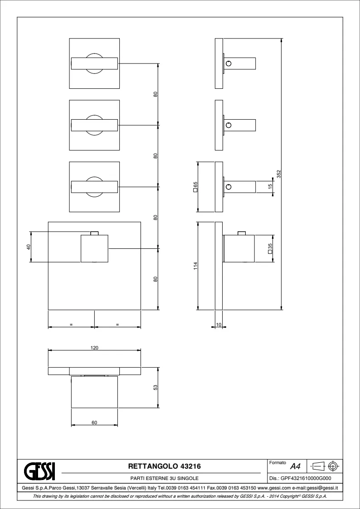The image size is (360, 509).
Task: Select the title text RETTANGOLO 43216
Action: pyautogui.click(x=165, y=466)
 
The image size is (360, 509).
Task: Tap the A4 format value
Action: pyautogui.click(x=295, y=467)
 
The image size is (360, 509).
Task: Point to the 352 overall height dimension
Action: pyautogui.click(x=278, y=174)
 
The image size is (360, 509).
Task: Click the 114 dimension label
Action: pyautogui.click(x=195, y=266)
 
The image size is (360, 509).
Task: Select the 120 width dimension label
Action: pyautogui.click(x=94, y=348)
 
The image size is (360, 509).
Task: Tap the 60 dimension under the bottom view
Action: pyautogui.click(x=94, y=422)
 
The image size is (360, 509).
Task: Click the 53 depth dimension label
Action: pyautogui.click(x=156, y=388)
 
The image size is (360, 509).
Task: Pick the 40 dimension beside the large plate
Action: pyautogui.click(x=28, y=247)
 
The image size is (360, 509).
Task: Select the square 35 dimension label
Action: pyautogui.click(x=270, y=248)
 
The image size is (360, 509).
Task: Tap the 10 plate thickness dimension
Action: pyautogui.click(x=219, y=325)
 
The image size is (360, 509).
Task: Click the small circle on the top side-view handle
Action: pyautogui.click(x=229, y=63)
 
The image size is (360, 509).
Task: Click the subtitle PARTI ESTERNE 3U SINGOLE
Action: pyautogui.click(x=164, y=478)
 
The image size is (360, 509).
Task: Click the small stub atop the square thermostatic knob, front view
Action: pyautogui.click(x=94, y=233)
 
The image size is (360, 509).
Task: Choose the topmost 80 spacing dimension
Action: pyautogui.click(x=156, y=94)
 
